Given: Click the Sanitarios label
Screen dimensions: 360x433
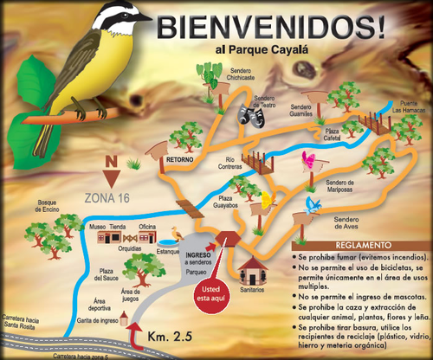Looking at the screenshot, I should (x=253, y=290).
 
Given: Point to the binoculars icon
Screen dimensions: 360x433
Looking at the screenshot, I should (x=255, y=115).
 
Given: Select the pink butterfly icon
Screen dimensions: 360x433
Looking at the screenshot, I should (x=307, y=159).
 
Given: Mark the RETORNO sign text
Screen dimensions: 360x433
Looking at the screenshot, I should (x=179, y=160).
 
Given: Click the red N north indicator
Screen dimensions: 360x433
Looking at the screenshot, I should (x=111, y=163).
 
